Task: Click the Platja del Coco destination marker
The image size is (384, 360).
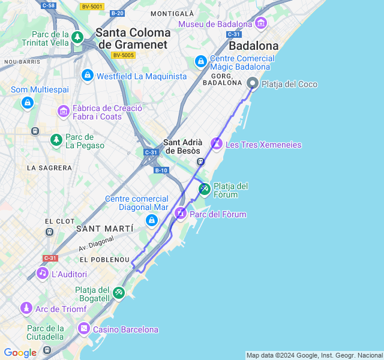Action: point(253,83)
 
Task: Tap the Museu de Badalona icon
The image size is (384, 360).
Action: point(260,23)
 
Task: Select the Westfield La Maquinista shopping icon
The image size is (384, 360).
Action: point(88,76)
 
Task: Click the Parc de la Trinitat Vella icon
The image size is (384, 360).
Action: point(77,38)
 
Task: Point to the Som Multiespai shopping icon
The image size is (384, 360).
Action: point(27,103)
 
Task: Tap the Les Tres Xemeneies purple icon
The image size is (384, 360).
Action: point(216,144)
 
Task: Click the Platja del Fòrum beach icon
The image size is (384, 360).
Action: point(205,190)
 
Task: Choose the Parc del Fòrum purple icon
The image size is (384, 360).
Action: point(181,214)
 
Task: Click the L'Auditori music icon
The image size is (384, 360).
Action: point(42,274)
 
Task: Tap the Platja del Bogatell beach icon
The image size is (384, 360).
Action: point(119,293)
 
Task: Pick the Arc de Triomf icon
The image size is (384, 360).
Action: point(26,308)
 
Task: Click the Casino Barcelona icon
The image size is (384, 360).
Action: point(83,329)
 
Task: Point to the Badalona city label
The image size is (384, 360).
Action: point(254,46)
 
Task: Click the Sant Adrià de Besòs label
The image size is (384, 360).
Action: point(182,147)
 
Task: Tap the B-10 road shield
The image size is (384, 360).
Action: point(161,170)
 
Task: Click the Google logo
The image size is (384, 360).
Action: point(20,353)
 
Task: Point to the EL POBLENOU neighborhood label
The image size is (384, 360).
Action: point(104,260)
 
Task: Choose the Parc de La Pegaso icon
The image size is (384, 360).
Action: point(56,140)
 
